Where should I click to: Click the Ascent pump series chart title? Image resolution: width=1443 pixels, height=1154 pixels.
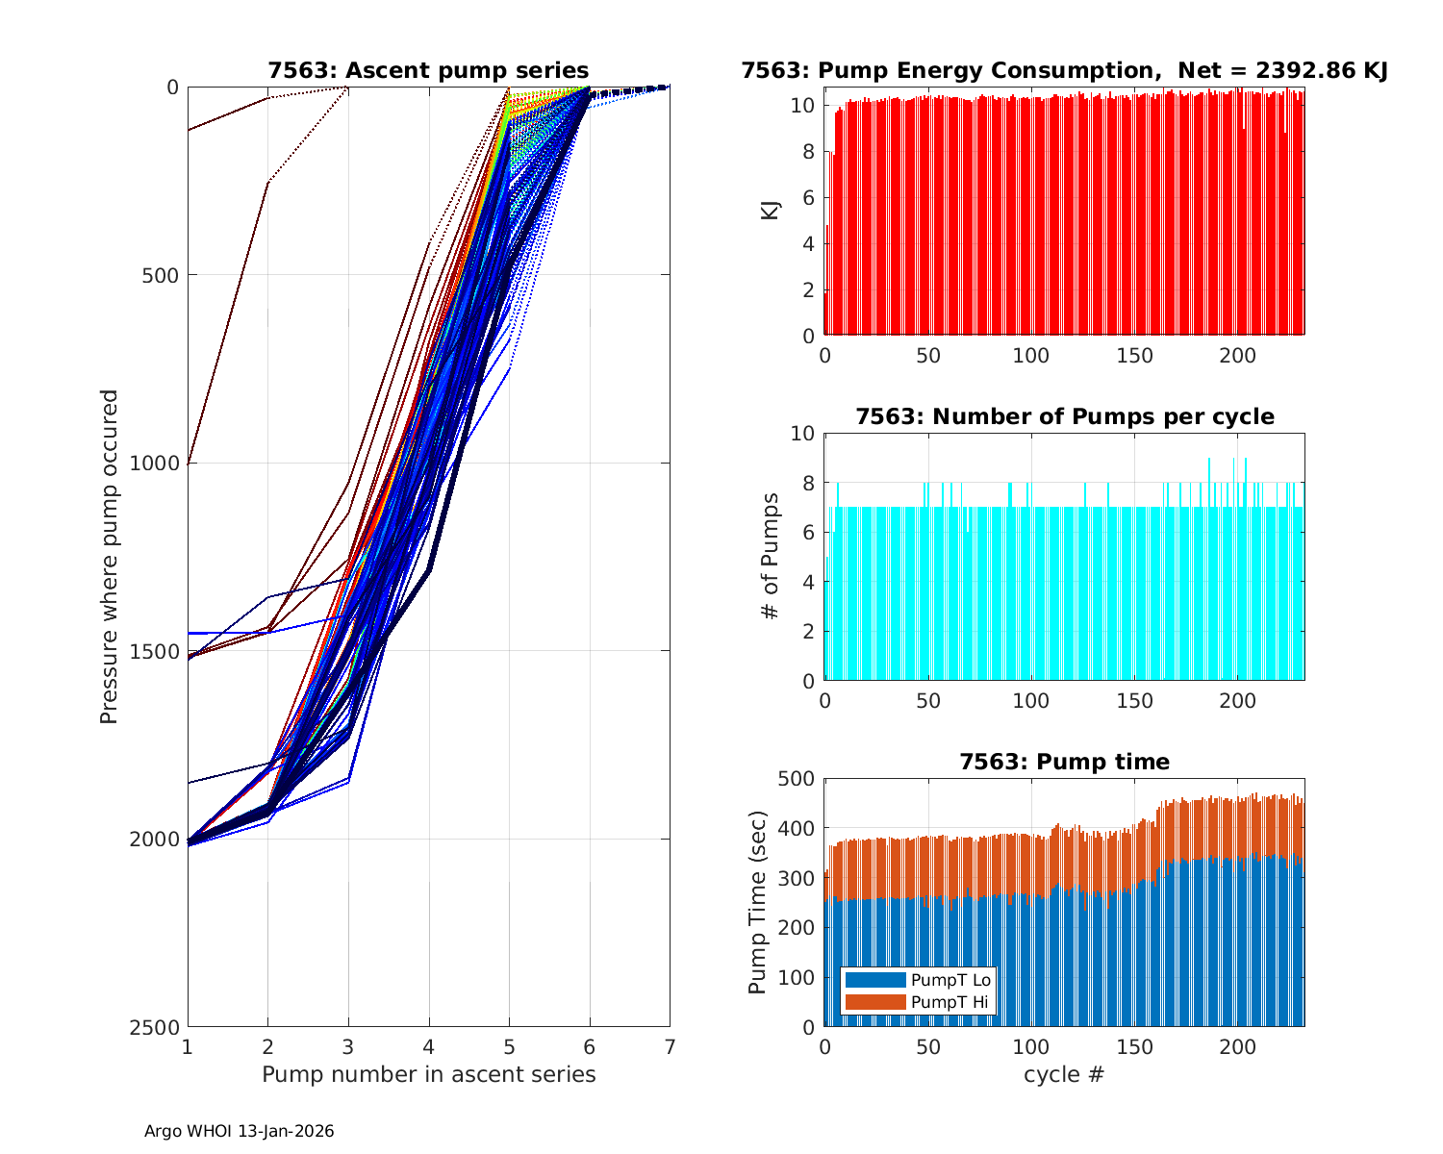click(x=428, y=70)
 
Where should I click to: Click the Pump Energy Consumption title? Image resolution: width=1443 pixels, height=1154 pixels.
click(x=1064, y=70)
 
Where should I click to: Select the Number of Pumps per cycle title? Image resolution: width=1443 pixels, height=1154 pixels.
click(x=1064, y=416)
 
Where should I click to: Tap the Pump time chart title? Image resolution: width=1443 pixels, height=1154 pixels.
click(x=1064, y=762)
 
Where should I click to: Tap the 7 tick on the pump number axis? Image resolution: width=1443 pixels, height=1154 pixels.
click(x=670, y=1046)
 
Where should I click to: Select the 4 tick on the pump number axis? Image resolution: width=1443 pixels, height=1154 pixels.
click(x=429, y=1046)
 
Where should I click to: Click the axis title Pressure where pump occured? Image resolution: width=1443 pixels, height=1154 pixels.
click(x=110, y=557)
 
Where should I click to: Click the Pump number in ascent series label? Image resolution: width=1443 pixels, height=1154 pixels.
click(x=428, y=1074)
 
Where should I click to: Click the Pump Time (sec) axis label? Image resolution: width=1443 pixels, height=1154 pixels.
click(x=758, y=902)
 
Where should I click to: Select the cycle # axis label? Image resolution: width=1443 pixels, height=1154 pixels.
click(x=1064, y=1074)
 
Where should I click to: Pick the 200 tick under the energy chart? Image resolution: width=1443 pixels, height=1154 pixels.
click(x=1238, y=355)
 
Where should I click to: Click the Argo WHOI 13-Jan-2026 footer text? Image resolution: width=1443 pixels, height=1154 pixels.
click(x=239, y=1131)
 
